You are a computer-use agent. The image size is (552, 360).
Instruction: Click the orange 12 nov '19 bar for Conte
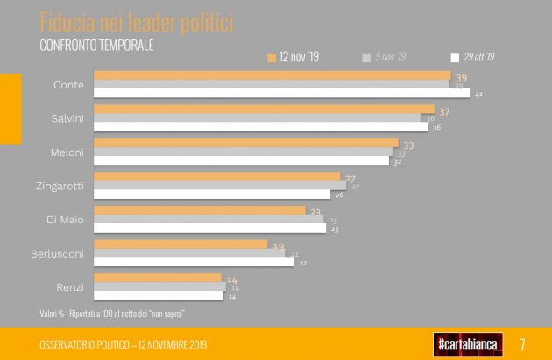point(272,76)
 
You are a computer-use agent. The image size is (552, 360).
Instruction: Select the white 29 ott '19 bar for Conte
point(281,93)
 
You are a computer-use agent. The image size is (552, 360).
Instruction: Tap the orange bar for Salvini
point(264,109)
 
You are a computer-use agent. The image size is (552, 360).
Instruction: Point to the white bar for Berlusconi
point(193,261)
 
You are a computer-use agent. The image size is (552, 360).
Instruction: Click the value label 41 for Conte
point(478,93)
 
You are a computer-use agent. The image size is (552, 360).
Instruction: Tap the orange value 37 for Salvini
point(444,110)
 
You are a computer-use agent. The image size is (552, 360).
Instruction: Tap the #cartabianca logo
point(467,343)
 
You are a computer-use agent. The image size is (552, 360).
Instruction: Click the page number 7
point(522,343)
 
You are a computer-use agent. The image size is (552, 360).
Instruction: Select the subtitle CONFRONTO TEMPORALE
point(97,45)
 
